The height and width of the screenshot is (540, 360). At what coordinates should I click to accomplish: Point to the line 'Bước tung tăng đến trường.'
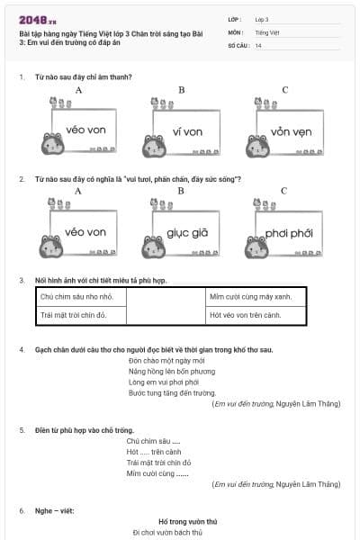point(172,393)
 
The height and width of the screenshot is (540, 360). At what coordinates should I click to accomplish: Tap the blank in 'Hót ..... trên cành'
point(144,452)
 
